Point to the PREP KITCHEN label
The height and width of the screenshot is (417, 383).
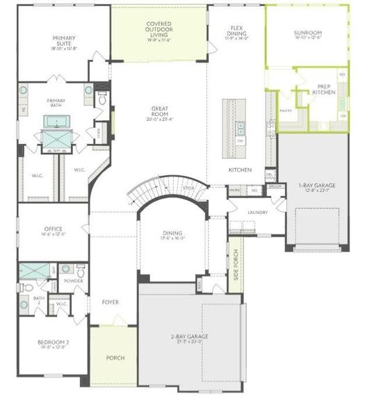pos(323,90)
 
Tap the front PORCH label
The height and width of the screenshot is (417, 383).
pos(115,358)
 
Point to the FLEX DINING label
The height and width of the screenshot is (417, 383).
pos(236,31)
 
